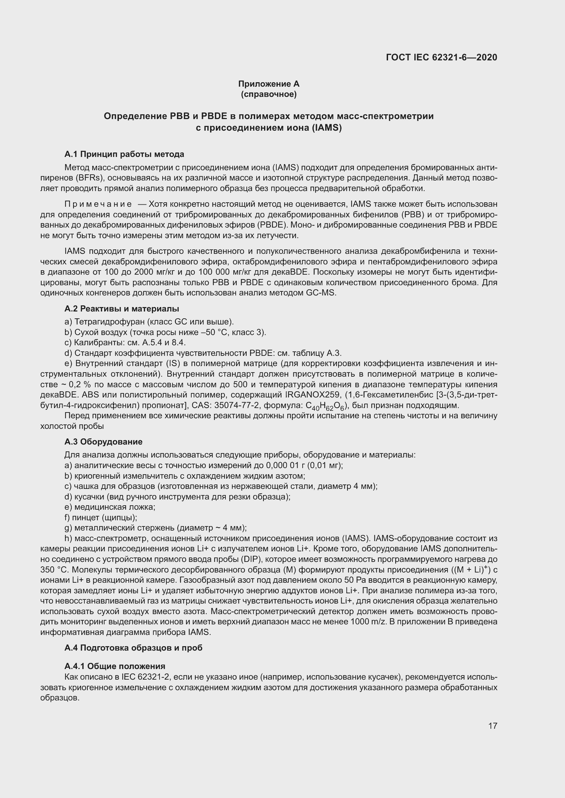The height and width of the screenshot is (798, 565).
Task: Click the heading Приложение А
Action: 268,84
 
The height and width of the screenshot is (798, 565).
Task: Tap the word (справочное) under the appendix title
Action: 268,94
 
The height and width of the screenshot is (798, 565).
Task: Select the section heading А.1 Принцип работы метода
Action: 124,154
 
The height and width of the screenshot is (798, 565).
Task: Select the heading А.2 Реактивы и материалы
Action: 122,309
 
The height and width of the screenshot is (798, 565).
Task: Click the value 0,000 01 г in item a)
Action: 285,465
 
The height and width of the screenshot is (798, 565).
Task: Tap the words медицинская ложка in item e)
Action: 114,507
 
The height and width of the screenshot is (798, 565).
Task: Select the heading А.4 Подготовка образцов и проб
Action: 133,648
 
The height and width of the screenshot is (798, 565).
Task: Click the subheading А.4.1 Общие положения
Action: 115,666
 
